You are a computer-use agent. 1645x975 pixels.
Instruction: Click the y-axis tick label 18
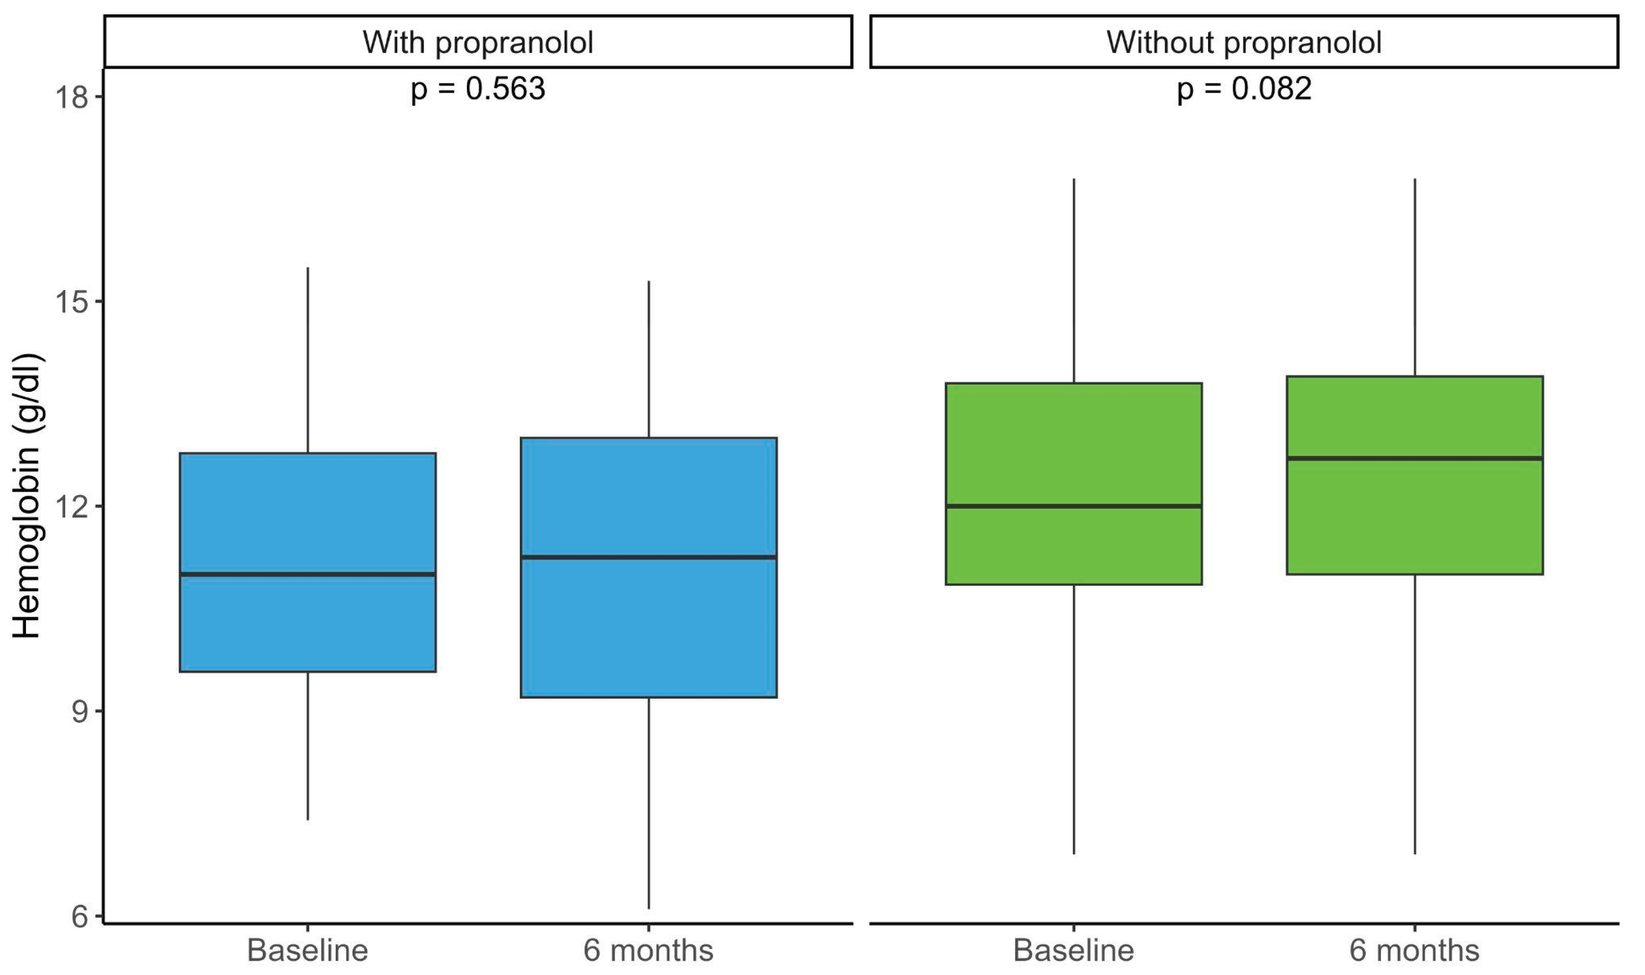click(71, 97)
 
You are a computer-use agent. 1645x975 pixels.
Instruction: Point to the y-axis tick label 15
click(71, 302)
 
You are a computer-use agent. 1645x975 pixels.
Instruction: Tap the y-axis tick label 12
click(71, 506)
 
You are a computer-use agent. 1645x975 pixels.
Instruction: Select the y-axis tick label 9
click(79, 711)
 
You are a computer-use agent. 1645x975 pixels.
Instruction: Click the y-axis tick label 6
click(79, 916)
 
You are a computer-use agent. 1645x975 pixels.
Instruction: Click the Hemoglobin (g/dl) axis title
click(27, 496)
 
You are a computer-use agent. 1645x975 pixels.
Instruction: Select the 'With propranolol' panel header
click(478, 43)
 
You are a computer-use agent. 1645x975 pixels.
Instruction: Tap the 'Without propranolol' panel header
click(1243, 43)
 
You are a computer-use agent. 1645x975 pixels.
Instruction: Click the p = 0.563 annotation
click(478, 89)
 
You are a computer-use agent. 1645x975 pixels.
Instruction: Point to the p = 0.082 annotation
click(1243, 89)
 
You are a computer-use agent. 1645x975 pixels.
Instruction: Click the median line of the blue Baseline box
click(307, 574)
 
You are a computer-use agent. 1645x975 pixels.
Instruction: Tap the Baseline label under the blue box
click(307, 950)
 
